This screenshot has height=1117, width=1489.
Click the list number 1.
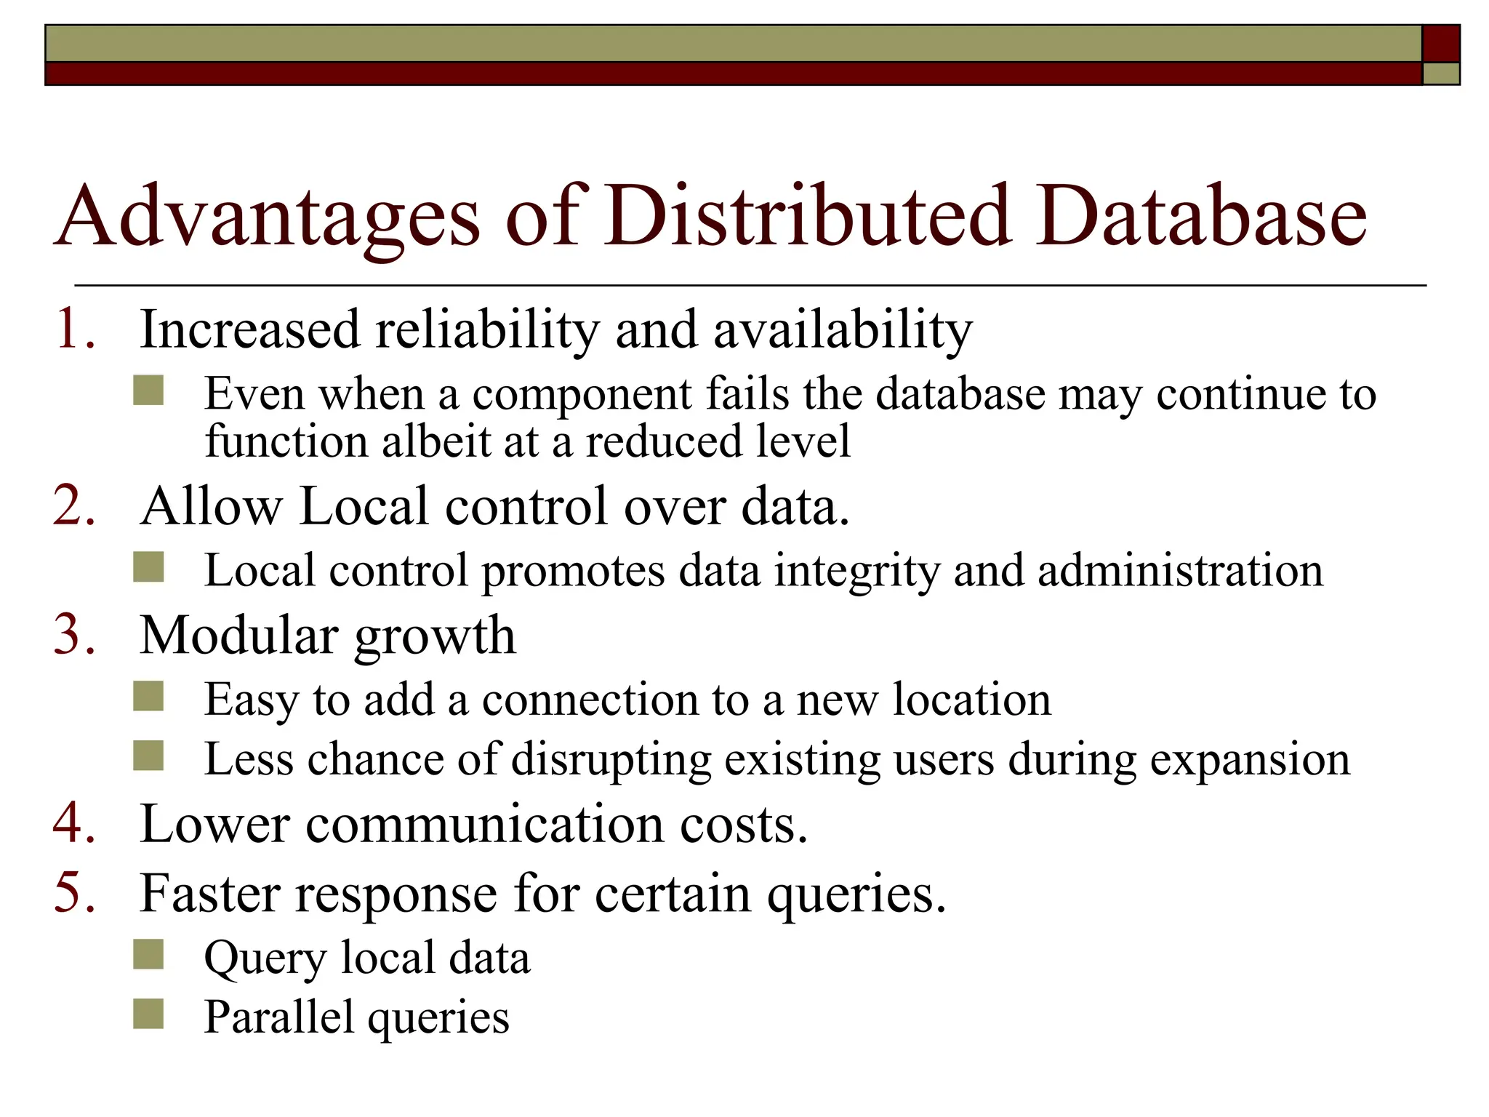click(x=75, y=329)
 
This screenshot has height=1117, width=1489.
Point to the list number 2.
click(x=74, y=505)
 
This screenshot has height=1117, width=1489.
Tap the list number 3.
click(x=74, y=635)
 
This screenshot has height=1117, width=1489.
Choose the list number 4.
click(x=74, y=823)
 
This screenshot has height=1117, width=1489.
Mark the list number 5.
click(x=74, y=892)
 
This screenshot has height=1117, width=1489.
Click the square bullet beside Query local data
click(x=149, y=955)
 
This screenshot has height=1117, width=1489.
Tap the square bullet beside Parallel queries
click(x=149, y=1014)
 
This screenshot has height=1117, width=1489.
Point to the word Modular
click(x=238, y=635)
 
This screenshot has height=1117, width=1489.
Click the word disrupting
click(x=611, y=761)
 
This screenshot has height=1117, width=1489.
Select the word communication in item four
click(x=485, y=824)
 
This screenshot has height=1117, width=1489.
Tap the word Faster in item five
click(x=209, y=893)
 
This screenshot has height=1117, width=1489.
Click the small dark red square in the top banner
click(x=1440, y=43)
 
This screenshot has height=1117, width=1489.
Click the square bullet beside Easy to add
click(x=149, y=697)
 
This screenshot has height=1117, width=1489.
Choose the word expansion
click(x=1250, y=761)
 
